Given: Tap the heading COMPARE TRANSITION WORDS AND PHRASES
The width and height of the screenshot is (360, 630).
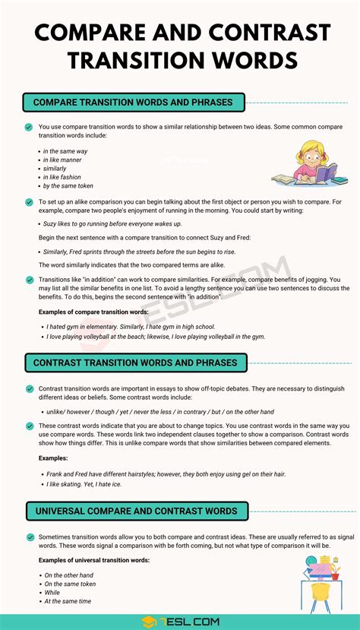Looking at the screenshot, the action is pos(134,102).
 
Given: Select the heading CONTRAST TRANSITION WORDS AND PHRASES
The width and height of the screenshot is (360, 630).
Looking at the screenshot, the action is pos(135,362).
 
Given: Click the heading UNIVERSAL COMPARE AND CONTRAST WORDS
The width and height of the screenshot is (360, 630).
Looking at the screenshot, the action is pos(136,511).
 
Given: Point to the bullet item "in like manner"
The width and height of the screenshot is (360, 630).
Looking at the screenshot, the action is pos(65,160).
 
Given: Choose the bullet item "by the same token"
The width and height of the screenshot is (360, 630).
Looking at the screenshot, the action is pos(68,185).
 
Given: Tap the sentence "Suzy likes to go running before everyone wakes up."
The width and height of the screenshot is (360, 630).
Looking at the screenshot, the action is pos(112,224).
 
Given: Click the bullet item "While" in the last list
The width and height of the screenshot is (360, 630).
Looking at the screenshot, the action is pos(52,592).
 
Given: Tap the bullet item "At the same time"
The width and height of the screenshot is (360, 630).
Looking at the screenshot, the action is pos(68,601).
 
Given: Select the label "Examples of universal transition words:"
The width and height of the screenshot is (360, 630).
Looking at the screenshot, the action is pos(94,560).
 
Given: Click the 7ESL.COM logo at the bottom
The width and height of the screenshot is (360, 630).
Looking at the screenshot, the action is pos(180,619).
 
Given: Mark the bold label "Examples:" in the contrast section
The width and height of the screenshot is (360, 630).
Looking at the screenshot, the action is pos(53,458).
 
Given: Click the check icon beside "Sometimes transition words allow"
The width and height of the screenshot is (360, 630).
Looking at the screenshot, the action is pos(29,537).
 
